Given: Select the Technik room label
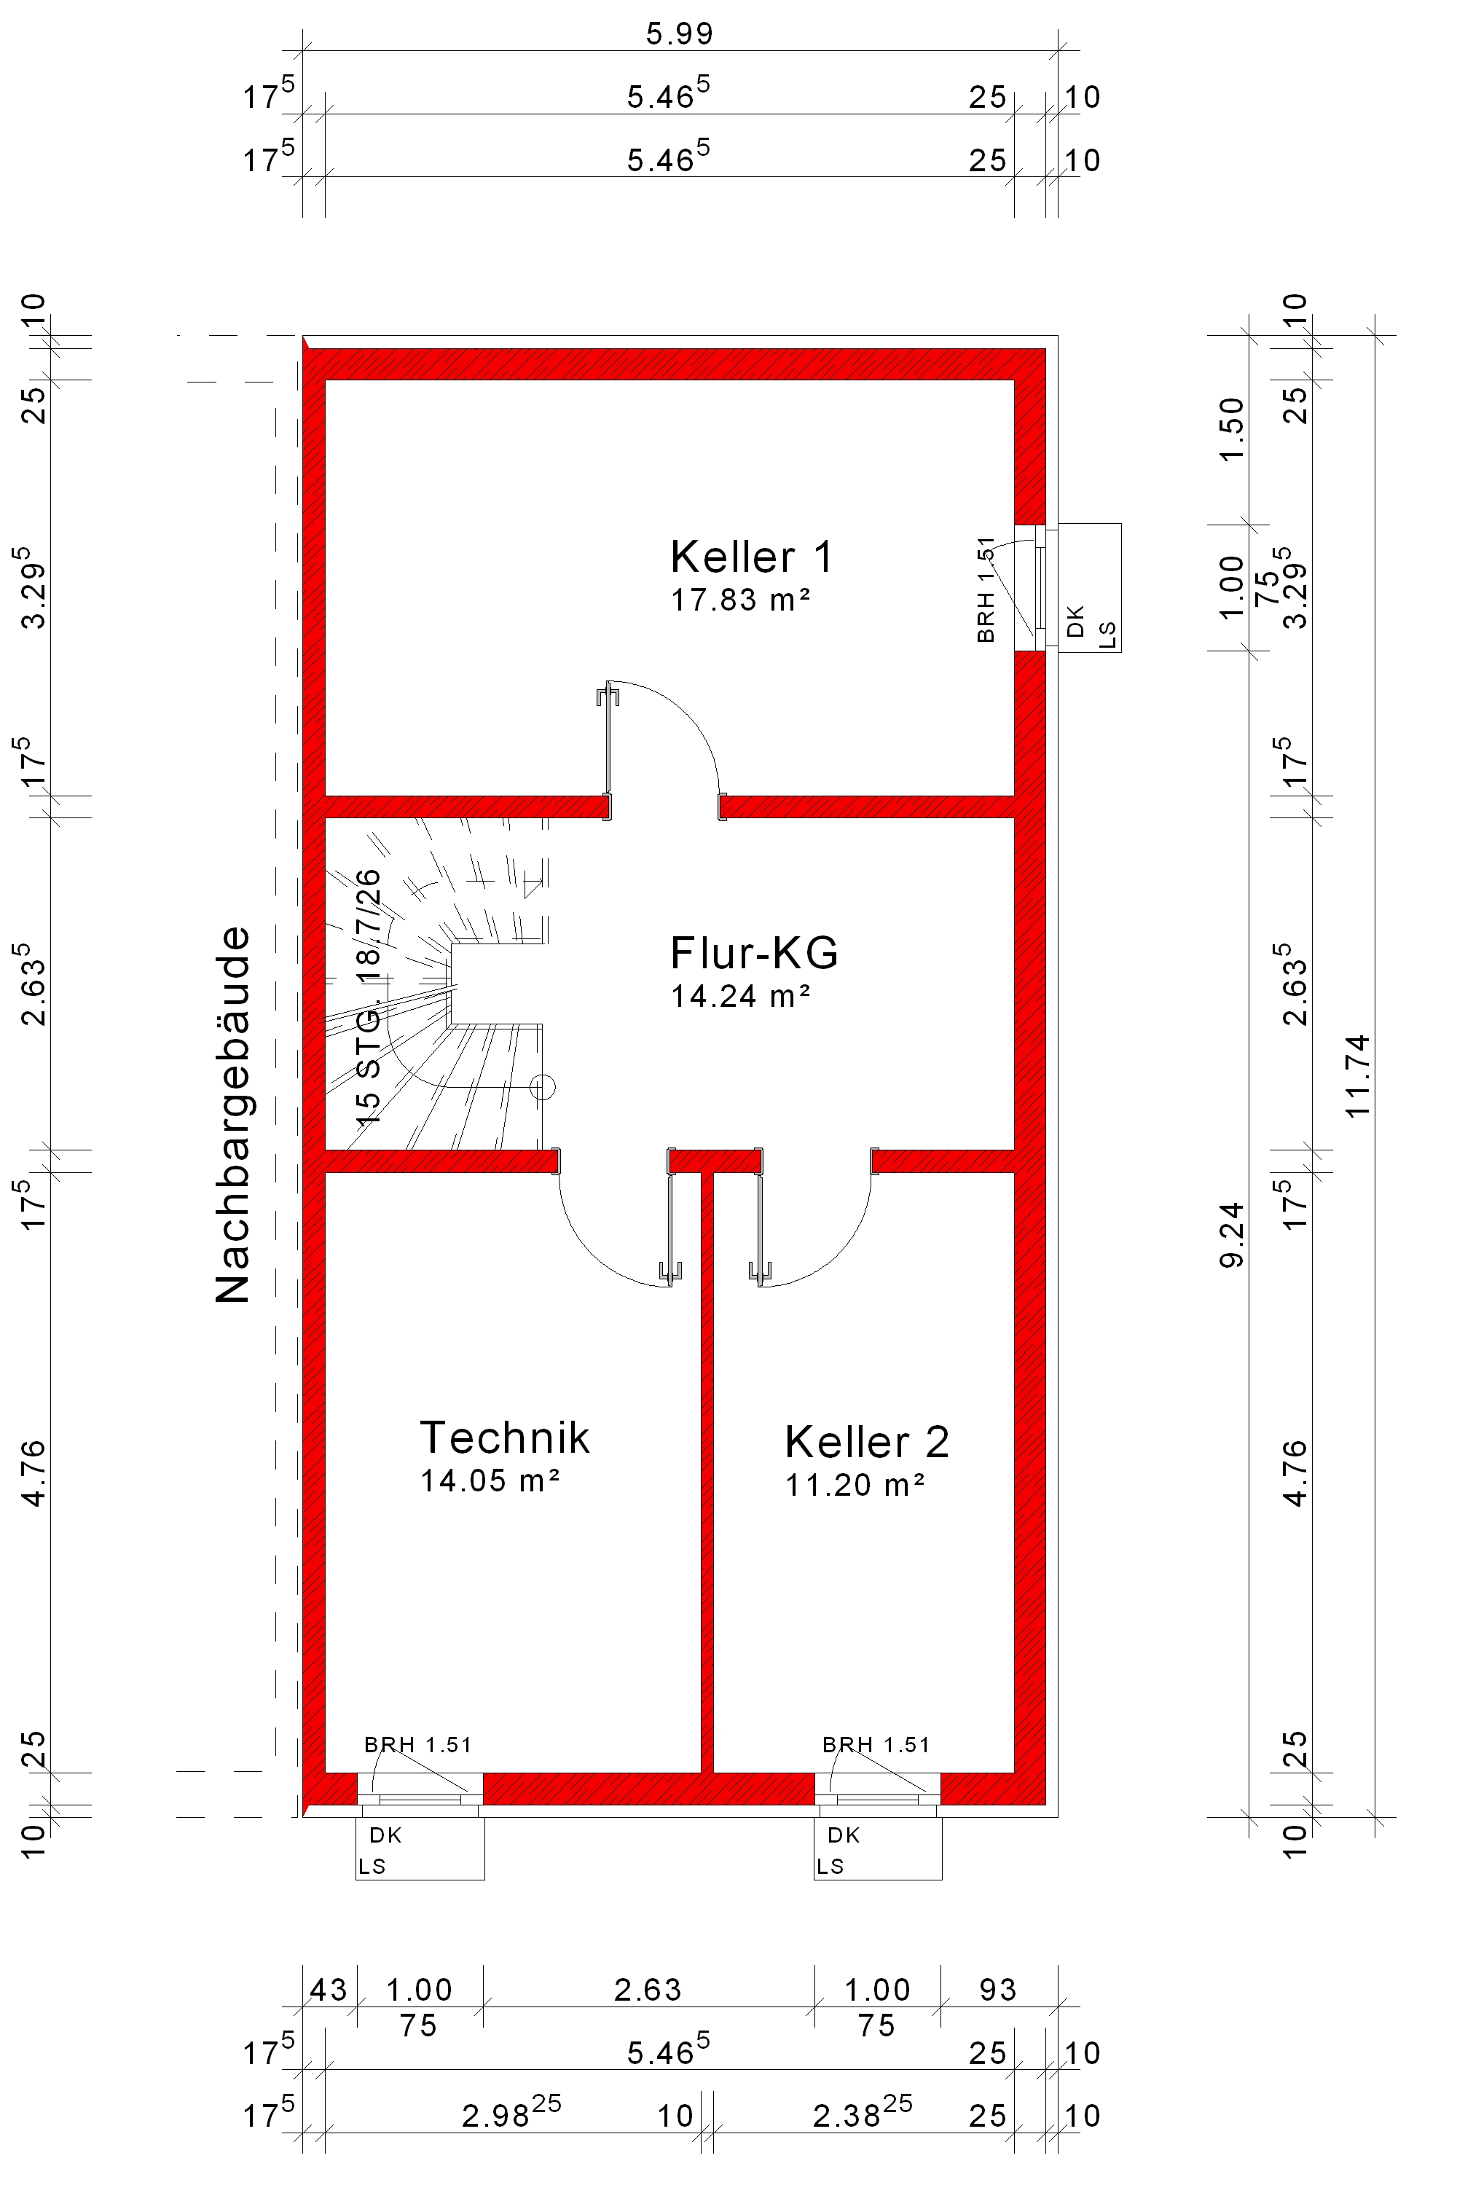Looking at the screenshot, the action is coord(505,1437).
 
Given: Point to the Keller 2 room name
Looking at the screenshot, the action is coord(867,1443).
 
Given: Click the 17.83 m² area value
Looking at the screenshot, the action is coord(741,600).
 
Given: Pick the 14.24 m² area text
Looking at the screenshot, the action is coord(741,996).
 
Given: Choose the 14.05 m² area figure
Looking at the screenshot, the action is coord(490,1480).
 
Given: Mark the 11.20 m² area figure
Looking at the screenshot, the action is coord(855,1485).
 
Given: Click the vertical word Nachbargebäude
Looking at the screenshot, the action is coord(232,1115).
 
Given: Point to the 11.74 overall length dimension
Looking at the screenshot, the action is coord(1358,1075).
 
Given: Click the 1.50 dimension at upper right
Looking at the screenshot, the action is coord(1231,429).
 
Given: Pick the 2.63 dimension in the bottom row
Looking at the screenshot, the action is coord(648,1990).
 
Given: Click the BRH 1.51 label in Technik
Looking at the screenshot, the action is coord(418,1746).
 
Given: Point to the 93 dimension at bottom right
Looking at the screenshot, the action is coord(998,1990).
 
